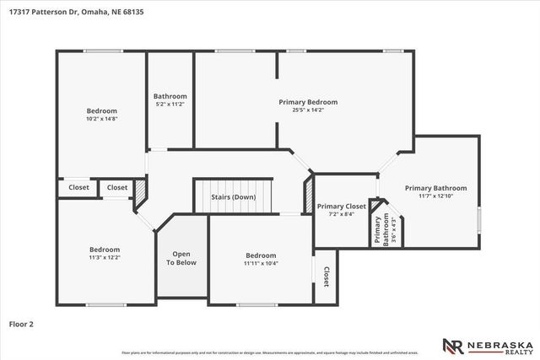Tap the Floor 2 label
(x=21, y=323)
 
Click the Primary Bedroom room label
(x=301, y=101)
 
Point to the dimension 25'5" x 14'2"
(x=301, y=110)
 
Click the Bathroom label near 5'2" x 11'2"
(x=170, y=96)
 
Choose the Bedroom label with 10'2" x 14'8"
(x=101, y=110)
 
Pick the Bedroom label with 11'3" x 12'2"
(x=105, y=250)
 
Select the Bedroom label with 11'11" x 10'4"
(x=261, y=255)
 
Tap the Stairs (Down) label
(x=234, y=197)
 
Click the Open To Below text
(x=181, y=258)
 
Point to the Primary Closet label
(x=341, y=206)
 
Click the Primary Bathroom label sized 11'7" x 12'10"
(x=435, y=188)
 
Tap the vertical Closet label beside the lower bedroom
(x=326, y=277)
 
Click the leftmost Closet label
(x=78, y=188)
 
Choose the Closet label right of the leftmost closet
(x=117, y=188)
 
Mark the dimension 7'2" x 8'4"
(x=341, y=214)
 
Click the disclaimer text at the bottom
(x=270, y=352)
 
